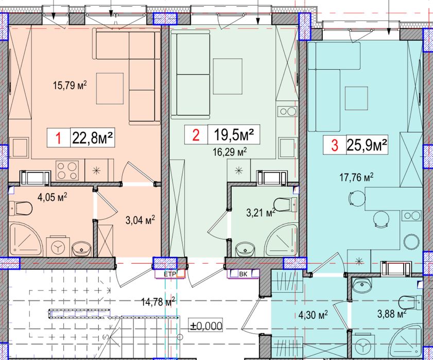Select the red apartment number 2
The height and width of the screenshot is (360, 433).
(x=195, y=136)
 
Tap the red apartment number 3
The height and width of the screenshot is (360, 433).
(x=335, y=146)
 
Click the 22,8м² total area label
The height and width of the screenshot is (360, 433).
(x=93, y=138)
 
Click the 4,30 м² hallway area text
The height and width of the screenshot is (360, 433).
(x=314, y=314)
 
